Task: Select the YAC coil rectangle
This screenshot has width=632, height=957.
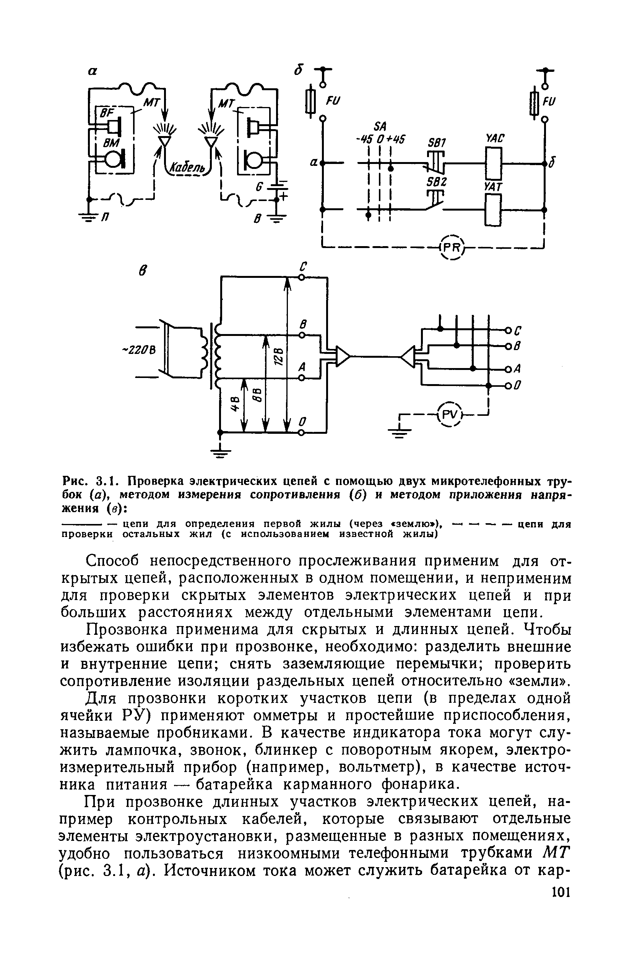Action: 493,163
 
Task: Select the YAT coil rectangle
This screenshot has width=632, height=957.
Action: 493,210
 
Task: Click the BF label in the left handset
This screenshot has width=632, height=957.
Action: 106,114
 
